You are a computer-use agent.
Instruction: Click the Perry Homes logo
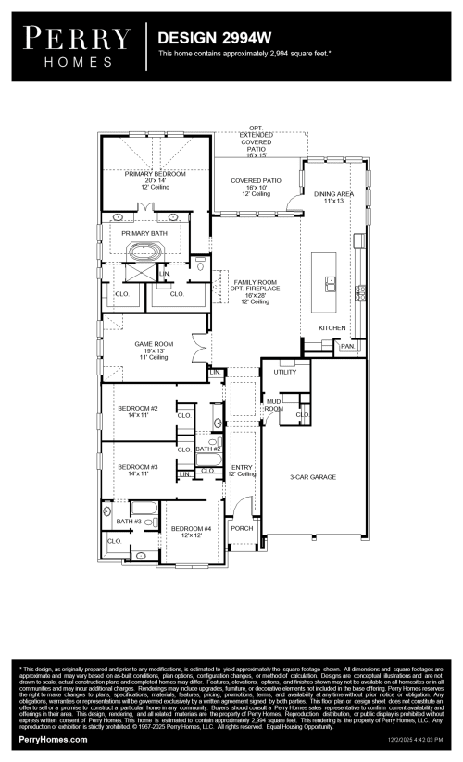tap(77, 44)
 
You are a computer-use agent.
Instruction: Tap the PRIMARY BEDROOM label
tap(156, 174)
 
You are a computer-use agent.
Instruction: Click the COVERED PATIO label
tap(256, 180)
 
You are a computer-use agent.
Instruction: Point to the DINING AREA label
tap(333, 194)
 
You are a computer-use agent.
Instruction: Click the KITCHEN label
tap(332, 328)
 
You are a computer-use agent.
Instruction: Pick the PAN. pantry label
tap(347, 346)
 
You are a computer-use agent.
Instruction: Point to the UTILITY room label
tap(284, 372)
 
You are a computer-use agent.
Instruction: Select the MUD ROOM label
tap(273, 403)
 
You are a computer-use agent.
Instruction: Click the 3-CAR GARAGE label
tap(312, 477)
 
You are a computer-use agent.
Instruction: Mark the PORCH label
tap(242, 528)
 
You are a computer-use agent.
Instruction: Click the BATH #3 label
tap(116, 522)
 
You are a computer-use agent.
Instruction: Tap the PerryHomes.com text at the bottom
tap(54, 740)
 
